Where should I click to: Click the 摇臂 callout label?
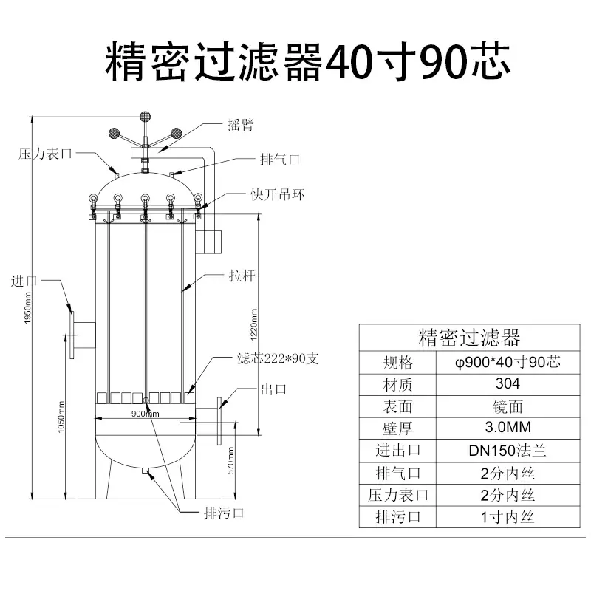240,124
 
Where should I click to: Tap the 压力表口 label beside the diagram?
45,154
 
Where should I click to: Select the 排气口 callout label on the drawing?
280,160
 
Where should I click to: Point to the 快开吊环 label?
278,194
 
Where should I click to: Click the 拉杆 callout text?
242,276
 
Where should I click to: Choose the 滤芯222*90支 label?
278,358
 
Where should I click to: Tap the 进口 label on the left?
24,281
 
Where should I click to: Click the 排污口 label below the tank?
224,513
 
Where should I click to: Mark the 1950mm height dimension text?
27,308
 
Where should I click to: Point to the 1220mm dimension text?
254,324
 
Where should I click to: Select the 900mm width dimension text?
145,414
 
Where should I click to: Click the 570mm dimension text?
231,460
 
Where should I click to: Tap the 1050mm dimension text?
61,417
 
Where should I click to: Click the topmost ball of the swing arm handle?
145,117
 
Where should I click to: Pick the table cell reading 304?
508,384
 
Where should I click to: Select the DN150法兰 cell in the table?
508,451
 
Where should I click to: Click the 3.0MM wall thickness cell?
508,428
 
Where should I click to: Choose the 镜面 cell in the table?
508,406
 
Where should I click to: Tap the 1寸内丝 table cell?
508,516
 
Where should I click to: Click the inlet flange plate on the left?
72,335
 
